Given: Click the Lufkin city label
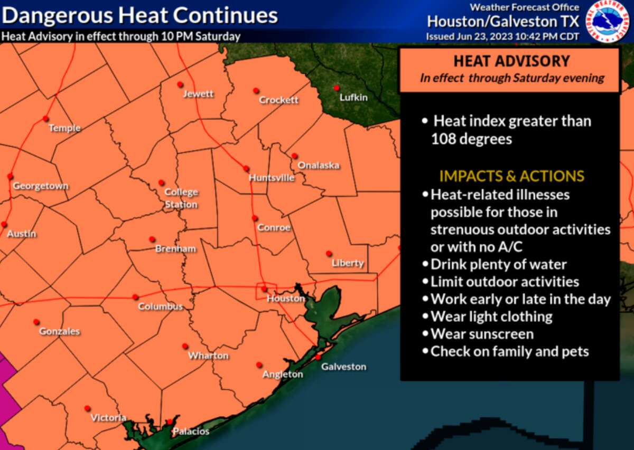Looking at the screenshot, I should pyautogui.click(x=353, y=97).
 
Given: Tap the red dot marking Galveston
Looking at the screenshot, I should pyautogui.click(x=319, y=357).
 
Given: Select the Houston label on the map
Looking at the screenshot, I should pyautogui.click(x=285, y=299).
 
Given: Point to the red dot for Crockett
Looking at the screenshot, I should pyautogui.click(x=256, y=91).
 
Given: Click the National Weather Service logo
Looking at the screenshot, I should pyautogui.click(x=606, y=22).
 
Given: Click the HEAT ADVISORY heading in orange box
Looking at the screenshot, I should pyautogui.click(x=511, y=61).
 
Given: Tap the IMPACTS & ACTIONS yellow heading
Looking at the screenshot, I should pyautogui.click(x=511, y=176).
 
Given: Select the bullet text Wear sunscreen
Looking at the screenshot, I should pyautogui.click(x=482, y=334).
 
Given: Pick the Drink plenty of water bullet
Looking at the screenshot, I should pyautogui.click(x=498, y=264).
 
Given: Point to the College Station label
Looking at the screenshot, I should pyautogui.click(x=181, y=198).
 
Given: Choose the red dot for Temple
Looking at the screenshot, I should pyautogui.click(x=46, y=118).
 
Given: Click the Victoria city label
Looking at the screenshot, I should pyautogui.click(x=108, y=418).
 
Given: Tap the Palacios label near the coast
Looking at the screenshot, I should pyautogui.click(x=191, y=432).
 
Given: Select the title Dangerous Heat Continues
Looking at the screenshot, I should pyautogui.click(x=140, y=15).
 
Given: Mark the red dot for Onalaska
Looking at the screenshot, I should pyautogui.click(x=294, y=156).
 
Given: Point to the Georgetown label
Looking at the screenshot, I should pyautogui.click(x=41, y=186).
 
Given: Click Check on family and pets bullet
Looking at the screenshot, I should pyautogui.click(x=509, y=351).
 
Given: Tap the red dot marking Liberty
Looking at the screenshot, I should pyautogui.click(x=329, y=253).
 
